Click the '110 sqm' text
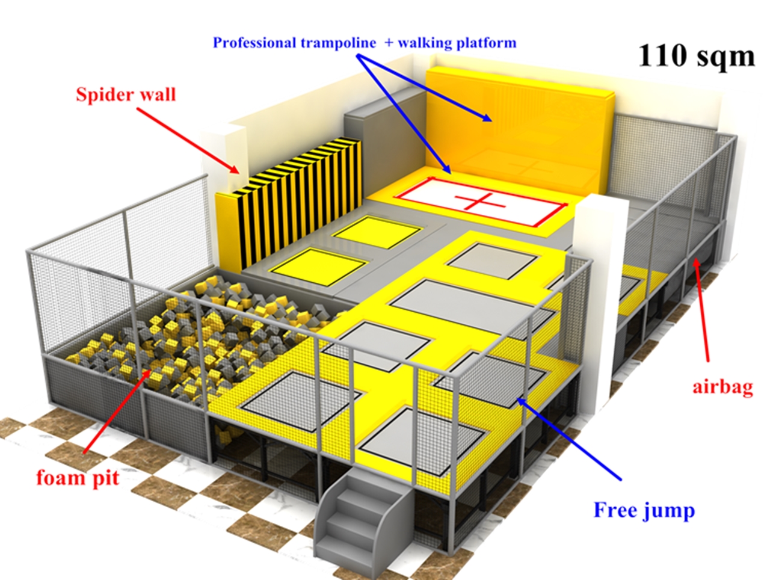click(695, 56)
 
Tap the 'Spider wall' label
click(126, 94)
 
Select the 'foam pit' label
click(78, 478)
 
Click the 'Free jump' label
click(644, 510)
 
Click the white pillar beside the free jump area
click(596, 301)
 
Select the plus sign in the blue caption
click(388, 43)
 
